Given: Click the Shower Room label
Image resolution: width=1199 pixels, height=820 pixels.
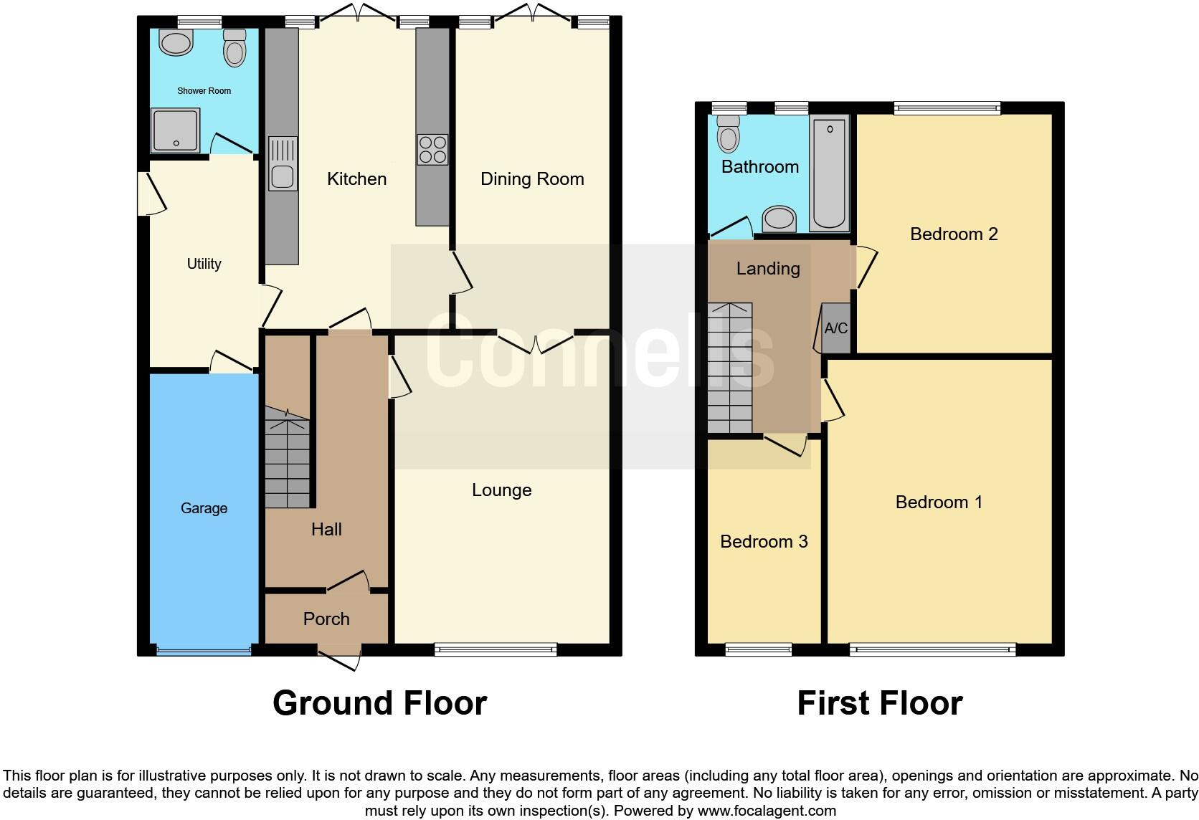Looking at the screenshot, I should tap(204, 91).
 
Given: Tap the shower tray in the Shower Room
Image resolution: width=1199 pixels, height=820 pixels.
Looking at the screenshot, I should tap(174, 130).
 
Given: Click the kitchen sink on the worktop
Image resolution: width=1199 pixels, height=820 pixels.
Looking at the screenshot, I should tap(283, 164).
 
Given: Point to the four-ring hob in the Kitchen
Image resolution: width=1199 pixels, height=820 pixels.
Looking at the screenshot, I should tap(432, 150).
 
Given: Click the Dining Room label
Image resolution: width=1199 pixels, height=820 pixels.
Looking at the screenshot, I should tap(532, 179).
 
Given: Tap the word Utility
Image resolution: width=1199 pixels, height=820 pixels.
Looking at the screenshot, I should tap(204, 264).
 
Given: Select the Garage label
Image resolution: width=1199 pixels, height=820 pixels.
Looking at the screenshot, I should tap(204, 508).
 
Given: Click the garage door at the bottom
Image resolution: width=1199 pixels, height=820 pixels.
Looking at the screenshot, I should tap(204, 651).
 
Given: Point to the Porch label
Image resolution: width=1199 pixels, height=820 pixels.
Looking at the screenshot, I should tap(326, 619).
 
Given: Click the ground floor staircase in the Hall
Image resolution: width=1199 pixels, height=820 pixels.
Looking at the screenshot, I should tap(288, 459).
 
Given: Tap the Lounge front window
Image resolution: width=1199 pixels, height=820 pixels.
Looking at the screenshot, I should tap(496, 650).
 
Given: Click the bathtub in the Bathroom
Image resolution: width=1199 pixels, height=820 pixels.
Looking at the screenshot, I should tap(830, 173).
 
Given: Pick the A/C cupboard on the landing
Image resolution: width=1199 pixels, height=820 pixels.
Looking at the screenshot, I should tap(835, 328).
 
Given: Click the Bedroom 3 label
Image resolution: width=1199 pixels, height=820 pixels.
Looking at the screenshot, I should tap(764, 541).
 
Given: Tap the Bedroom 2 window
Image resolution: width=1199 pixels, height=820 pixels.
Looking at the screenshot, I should tap(947, 108).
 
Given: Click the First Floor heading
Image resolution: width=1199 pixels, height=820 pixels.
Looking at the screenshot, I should tap(880, 703).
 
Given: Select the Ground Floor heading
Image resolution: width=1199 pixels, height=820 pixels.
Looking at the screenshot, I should tap(379, 703).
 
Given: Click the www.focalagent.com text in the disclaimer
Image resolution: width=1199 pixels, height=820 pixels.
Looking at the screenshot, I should tap(766, 811).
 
